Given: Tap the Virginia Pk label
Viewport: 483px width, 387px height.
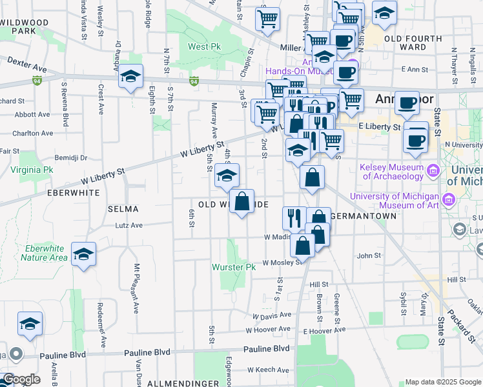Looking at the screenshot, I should [x=32, y=170].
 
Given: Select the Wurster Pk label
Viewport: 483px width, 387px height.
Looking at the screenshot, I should [x=234, y=267].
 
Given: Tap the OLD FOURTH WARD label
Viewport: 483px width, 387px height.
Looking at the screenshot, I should [x=413, y=43].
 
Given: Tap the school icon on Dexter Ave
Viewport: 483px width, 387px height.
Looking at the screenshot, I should [x=130, y=77].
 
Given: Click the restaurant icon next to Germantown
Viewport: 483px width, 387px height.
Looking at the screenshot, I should [x=294, y=217].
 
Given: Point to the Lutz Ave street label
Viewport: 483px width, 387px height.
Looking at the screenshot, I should [x=128, y=226].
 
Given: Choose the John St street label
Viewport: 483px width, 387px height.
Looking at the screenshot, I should [x=369, y=255].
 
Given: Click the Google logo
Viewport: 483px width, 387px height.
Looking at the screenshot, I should [x=21, y=379].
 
